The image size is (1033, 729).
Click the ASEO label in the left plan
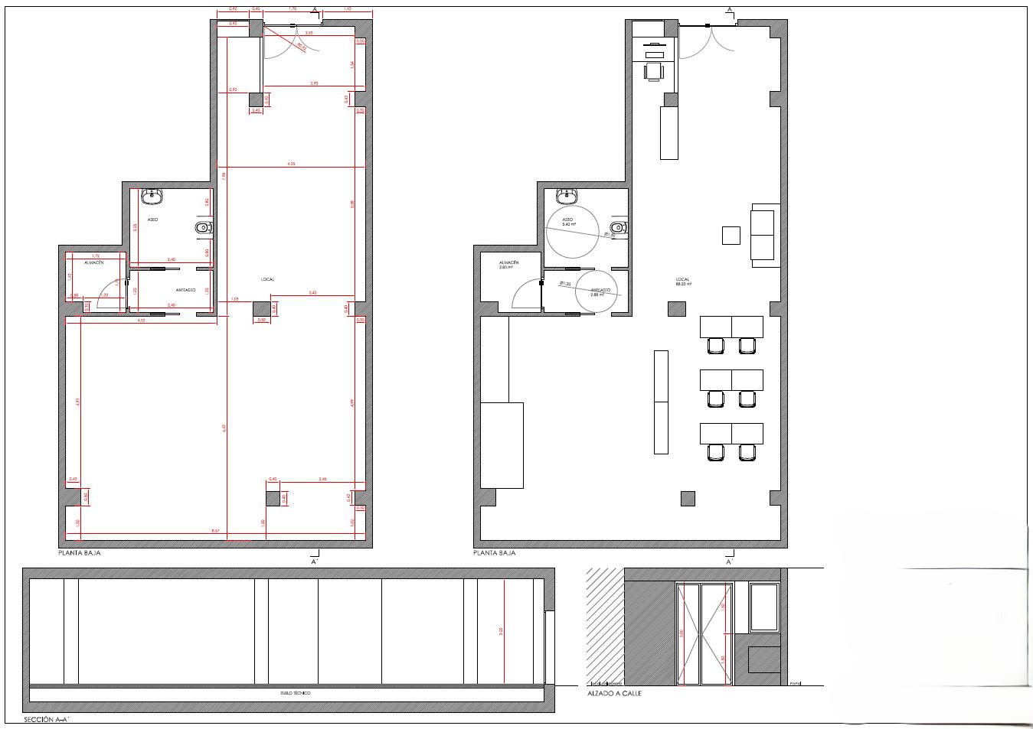(x=152, y=220)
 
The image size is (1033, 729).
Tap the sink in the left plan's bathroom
(x=152, y=196)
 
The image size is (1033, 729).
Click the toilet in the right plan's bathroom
(x=618, y=227)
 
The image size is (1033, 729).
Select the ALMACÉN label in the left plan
(x=94, y=262)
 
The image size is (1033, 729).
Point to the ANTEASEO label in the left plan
(x=185, y=290)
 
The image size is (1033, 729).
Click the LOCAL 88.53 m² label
(x=683, y=282)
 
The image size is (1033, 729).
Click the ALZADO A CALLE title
(x=614, y=694)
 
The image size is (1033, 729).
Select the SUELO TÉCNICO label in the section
(x=296, y=693)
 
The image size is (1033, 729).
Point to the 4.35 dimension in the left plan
(x=292, y=164)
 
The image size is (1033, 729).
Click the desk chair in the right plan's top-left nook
(x=654, y=71)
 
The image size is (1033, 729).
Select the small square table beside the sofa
(x=731, y=235)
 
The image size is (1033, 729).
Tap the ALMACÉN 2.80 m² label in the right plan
(x=509, y=265)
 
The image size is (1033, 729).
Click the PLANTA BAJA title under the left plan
(x=80, y=552)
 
